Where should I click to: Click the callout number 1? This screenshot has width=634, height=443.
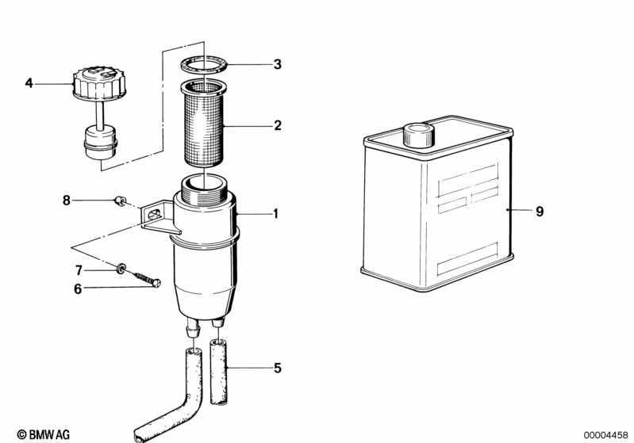(x=276, y=214)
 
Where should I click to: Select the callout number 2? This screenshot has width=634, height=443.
(x=277, y=125)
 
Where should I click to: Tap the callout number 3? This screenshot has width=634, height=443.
(x=277, y=64)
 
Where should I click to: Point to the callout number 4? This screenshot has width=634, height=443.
(x=29, y=82)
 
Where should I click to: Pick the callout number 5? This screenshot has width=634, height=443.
(x=277, y=368)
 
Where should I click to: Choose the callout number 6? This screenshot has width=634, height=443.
(x=78, y=289)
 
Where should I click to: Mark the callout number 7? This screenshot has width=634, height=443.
(x=78, y=270)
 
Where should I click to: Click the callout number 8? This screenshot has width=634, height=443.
(x=67, y=200)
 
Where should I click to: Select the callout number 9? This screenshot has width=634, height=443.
(x=540, y=211)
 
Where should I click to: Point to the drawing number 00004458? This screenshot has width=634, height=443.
(x=605, y=433)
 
